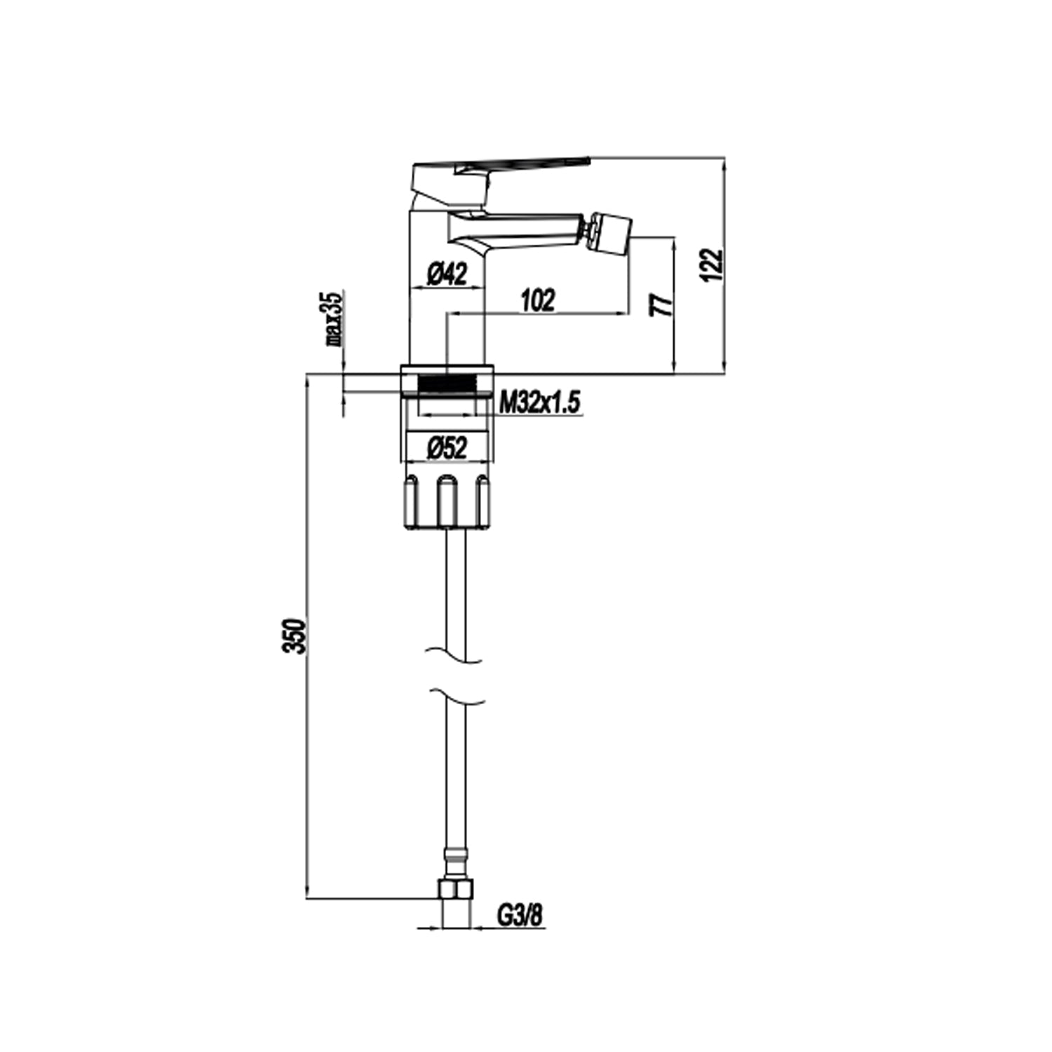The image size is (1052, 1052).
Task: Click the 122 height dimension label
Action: pyautogui.click(x=713, y=264)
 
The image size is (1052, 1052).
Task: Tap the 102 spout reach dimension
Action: pyautogui.click(x=538, y=300)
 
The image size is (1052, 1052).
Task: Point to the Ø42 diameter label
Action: pyautogui.click(x=447, y=274)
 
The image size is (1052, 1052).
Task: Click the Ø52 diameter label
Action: pyautogui.click(x=447, y=447)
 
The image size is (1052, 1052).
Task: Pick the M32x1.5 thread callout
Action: pyautogui.click(x=540, y=403)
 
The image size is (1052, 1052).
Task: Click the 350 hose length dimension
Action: pyautogui.click(x=297, y=635)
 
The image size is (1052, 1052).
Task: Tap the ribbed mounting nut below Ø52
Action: pyautogui.click(x=447, y=501)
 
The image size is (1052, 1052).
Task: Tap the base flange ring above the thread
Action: pyautogui.click(x=447, y=370)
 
